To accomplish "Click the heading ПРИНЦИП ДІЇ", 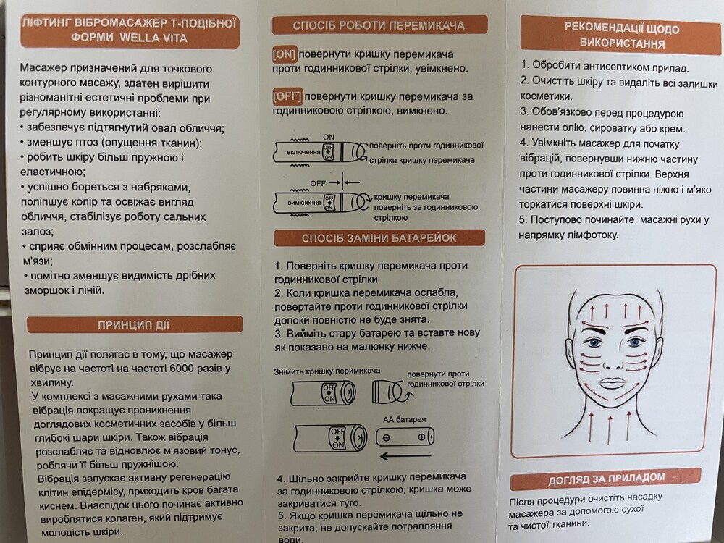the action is [133, 324].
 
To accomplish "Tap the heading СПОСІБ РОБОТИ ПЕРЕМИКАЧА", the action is [379, 25].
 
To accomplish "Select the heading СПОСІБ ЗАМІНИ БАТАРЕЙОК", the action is [379, 238].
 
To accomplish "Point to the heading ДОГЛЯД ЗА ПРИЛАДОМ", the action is [606, 479].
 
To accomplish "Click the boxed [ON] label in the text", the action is [284, 54].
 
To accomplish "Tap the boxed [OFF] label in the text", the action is [287, 96].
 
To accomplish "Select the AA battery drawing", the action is [405, 437].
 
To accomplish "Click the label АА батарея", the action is [405, 420].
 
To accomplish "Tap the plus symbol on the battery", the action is [421, 437].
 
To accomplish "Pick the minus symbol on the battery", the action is [387, 438].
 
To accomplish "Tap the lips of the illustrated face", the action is [611, 383].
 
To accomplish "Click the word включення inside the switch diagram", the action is [303, 152].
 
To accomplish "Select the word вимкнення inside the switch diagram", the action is [304, 203].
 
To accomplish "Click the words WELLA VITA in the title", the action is [153, 38].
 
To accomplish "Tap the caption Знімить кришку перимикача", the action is [327, 371].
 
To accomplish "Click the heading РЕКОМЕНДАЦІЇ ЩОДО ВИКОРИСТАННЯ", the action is [621, 35].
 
